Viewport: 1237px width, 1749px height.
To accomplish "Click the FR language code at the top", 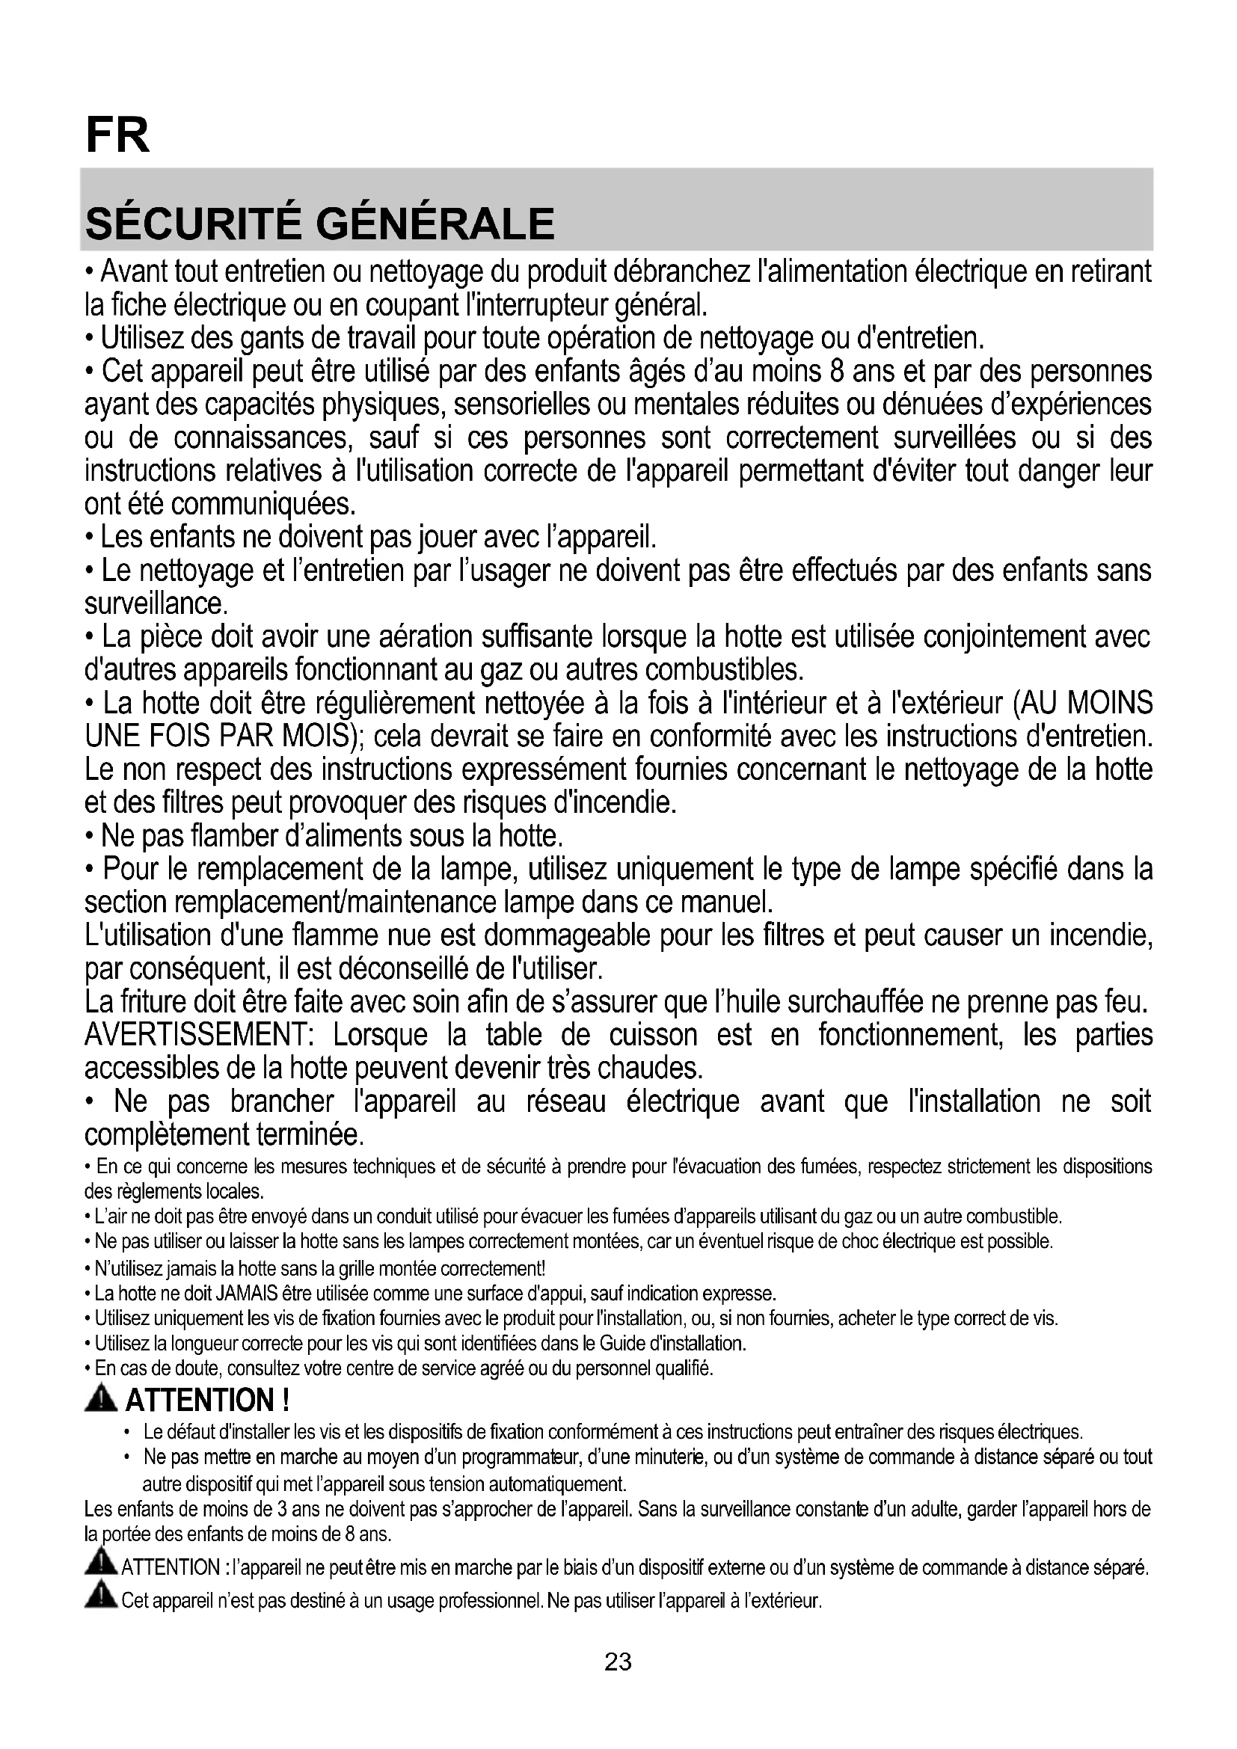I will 118,135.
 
